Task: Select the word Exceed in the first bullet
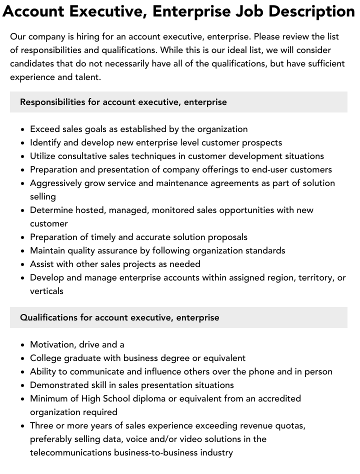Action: [x=45, y=129]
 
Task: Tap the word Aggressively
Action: [x=56, y=183]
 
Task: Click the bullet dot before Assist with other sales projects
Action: [x=23, y=264]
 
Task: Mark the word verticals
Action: [x=46, y=291]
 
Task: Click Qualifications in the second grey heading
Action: [x=49, y=317]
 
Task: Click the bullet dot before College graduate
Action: [x=23, y=358]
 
